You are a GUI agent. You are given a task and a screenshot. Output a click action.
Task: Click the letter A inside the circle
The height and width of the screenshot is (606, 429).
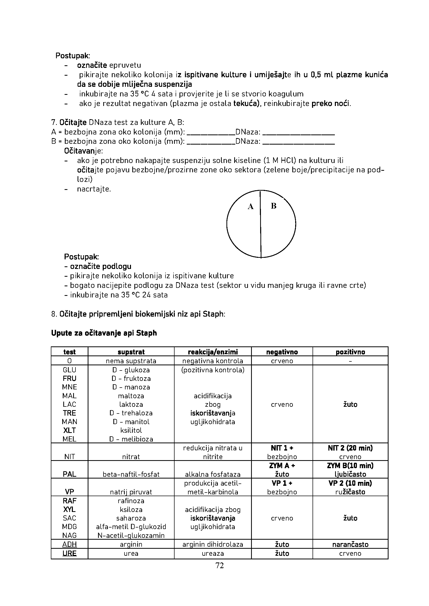point(251,207)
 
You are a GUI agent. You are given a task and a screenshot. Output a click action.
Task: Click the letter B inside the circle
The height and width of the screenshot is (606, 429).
point(273,206)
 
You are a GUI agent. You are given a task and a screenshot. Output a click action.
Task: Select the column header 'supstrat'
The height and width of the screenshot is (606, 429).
point(131,352)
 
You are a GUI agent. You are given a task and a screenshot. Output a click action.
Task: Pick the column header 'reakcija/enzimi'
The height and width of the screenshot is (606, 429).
point(213,352)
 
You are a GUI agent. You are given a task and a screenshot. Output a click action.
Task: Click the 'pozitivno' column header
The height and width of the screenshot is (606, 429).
point(350,352)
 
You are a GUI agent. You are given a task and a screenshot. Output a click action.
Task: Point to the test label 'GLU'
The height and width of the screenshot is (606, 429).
point(70,370)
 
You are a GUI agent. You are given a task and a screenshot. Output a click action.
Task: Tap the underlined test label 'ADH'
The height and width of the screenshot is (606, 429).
point(70,544)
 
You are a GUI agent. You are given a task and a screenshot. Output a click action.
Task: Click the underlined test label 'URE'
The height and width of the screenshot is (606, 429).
point(70,553)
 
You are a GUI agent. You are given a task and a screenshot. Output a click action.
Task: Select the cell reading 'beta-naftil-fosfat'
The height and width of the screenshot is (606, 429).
point(131,474)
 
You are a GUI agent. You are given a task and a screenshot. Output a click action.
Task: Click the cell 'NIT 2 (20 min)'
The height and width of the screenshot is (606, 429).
point(350,448)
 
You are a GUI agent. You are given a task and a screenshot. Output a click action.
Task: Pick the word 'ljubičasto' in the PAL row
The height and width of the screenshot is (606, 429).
point(350,474)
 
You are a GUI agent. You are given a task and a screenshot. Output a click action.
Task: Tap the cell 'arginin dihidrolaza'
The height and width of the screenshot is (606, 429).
point(213,544)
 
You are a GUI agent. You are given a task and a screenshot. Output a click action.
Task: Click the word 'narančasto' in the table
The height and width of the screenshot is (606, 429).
point(350,544)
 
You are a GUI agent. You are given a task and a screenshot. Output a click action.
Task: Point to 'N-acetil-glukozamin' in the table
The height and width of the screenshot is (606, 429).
point(131,536)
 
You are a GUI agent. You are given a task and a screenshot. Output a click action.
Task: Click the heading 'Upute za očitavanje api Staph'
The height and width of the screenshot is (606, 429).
point(104,333)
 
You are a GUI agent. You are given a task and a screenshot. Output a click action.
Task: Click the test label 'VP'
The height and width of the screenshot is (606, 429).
point(70,492)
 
